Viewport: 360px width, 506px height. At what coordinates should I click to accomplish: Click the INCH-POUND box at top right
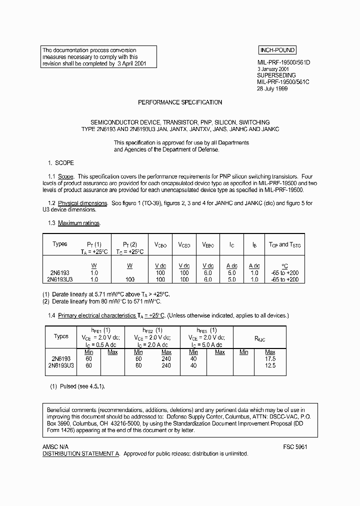tap(277, 50)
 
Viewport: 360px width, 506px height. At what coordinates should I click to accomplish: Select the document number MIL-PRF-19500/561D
tap(283, 62)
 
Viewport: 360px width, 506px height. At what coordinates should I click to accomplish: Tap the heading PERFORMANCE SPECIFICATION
tap(180, 102)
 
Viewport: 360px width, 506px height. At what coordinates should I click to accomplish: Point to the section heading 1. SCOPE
tap(60, 163)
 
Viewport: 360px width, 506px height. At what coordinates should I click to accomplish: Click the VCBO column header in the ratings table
tap(160, 245)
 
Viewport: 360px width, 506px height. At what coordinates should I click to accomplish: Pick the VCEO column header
tap(184, 245)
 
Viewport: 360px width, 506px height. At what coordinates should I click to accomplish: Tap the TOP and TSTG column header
tap(284, 244)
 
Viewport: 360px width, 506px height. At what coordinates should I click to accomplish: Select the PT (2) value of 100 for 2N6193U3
tap(129, 279)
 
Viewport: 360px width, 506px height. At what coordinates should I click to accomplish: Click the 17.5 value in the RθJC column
tap(270, 359)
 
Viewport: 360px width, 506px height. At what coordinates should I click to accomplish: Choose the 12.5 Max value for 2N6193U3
tap(270, 365)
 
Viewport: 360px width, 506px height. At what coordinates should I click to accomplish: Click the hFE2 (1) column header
tap(152, 330)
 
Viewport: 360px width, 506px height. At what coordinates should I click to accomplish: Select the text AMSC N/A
tap(55, 446)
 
